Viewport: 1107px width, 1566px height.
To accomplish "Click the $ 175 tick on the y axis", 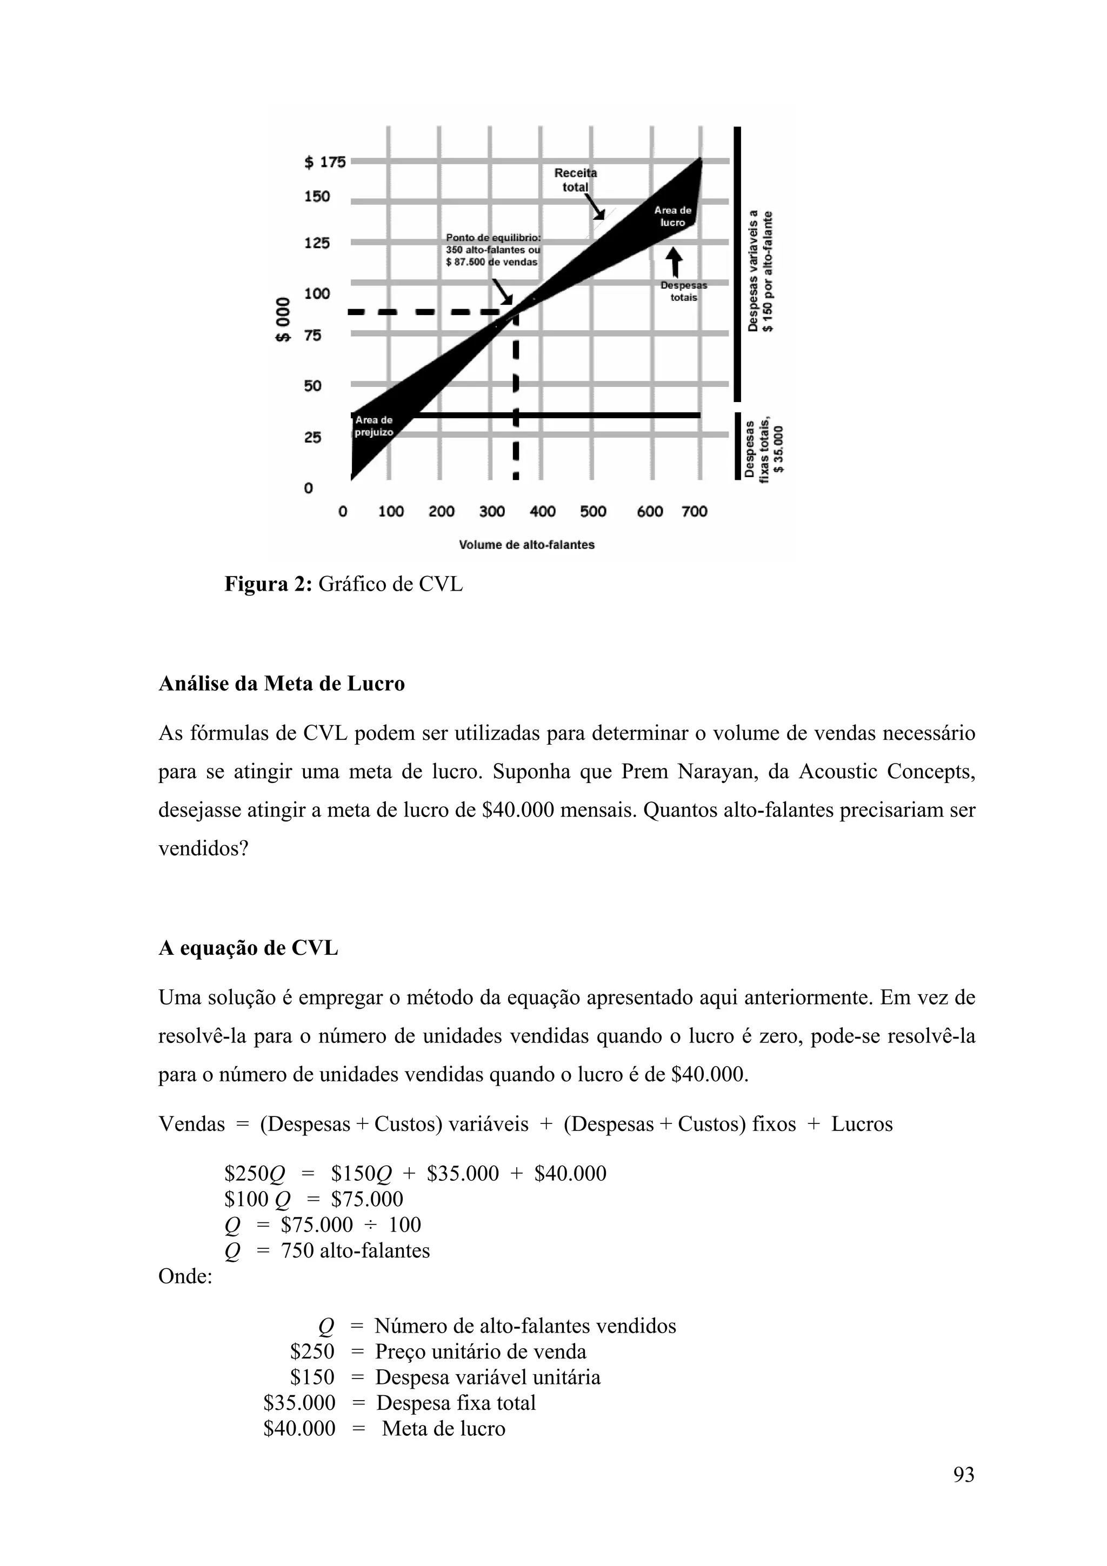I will [325, 162].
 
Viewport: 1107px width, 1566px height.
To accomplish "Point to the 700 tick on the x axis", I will [695, 512].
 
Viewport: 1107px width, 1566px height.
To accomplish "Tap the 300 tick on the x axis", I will [492, 512].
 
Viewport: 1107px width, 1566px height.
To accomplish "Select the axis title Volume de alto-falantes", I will [526, 545].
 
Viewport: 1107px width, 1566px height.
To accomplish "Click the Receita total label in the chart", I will [575, 180].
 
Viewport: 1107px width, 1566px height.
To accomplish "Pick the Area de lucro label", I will [672, 216].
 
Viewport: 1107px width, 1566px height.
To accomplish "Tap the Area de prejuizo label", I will [374, 426].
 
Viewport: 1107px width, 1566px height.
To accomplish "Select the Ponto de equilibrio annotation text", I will [492, 250].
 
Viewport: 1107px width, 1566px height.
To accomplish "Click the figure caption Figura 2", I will [343, 585].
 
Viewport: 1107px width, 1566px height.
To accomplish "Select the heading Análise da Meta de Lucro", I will [282, 684].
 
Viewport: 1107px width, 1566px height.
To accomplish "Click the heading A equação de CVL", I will [248, 948].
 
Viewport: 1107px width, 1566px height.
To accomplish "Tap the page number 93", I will [963, 1494].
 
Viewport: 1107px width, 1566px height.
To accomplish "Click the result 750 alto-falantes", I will [355, 1251].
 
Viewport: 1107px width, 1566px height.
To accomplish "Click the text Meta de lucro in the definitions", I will [443, 1428].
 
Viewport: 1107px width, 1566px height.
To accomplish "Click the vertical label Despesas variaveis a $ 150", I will [761, 271].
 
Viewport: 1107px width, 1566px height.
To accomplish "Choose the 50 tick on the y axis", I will [312, 386].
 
